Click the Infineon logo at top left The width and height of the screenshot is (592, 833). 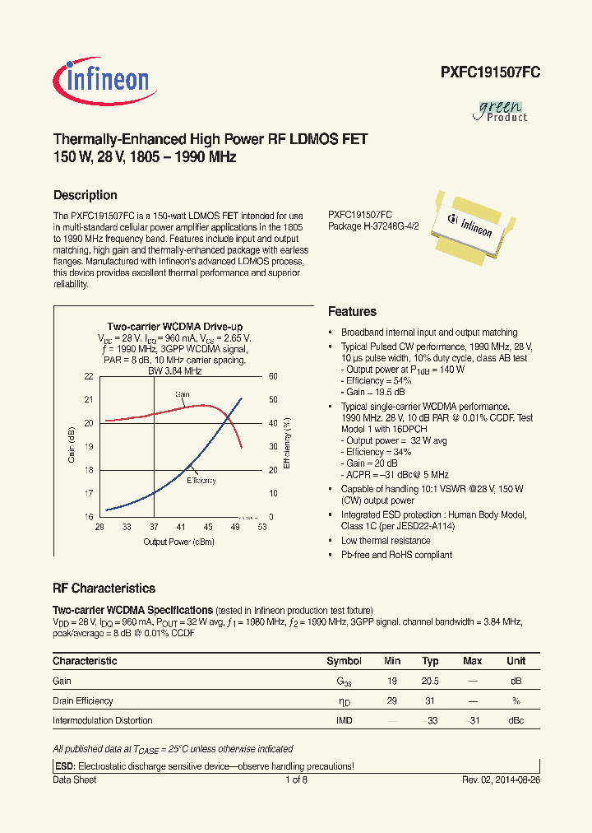(x=102, y=79)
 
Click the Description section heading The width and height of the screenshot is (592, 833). (x=85, y=195)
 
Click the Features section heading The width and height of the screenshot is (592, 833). (x=352, y=312)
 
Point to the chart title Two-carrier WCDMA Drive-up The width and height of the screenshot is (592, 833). (x=174, y=327)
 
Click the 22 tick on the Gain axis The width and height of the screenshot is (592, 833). (x=89, y=376)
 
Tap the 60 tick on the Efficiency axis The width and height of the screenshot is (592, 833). (x=274, y=376)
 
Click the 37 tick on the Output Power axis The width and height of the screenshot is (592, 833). (x=153, y=526)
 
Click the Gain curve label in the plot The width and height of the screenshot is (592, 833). (x=182, y=394)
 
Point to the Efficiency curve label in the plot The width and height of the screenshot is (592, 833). (x=201, y=480)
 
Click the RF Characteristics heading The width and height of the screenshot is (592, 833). (x=104, y=589)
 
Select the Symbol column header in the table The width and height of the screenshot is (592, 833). (x=344, y=661)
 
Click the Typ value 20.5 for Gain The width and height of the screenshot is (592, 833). (x=430, y=681)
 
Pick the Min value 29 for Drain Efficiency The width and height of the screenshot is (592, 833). (x=392, y=700)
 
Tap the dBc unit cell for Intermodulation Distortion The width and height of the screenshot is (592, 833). (x=516, y=720)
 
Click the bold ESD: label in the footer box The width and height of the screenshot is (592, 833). (x=63, y=766)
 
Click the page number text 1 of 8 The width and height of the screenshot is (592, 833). (x=296, y=779)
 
